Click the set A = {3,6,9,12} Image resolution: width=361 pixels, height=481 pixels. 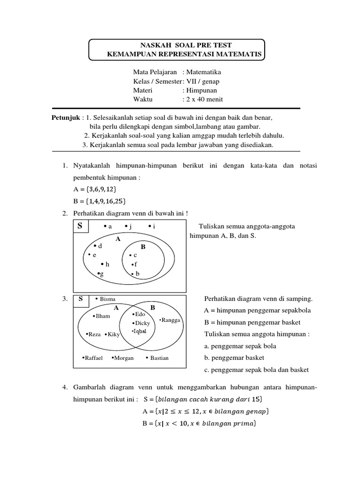[94, 188]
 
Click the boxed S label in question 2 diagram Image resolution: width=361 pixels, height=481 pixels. [80, 226]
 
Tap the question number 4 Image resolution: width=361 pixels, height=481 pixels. [65, 388]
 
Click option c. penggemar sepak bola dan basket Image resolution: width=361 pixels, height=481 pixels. [256, 370]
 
